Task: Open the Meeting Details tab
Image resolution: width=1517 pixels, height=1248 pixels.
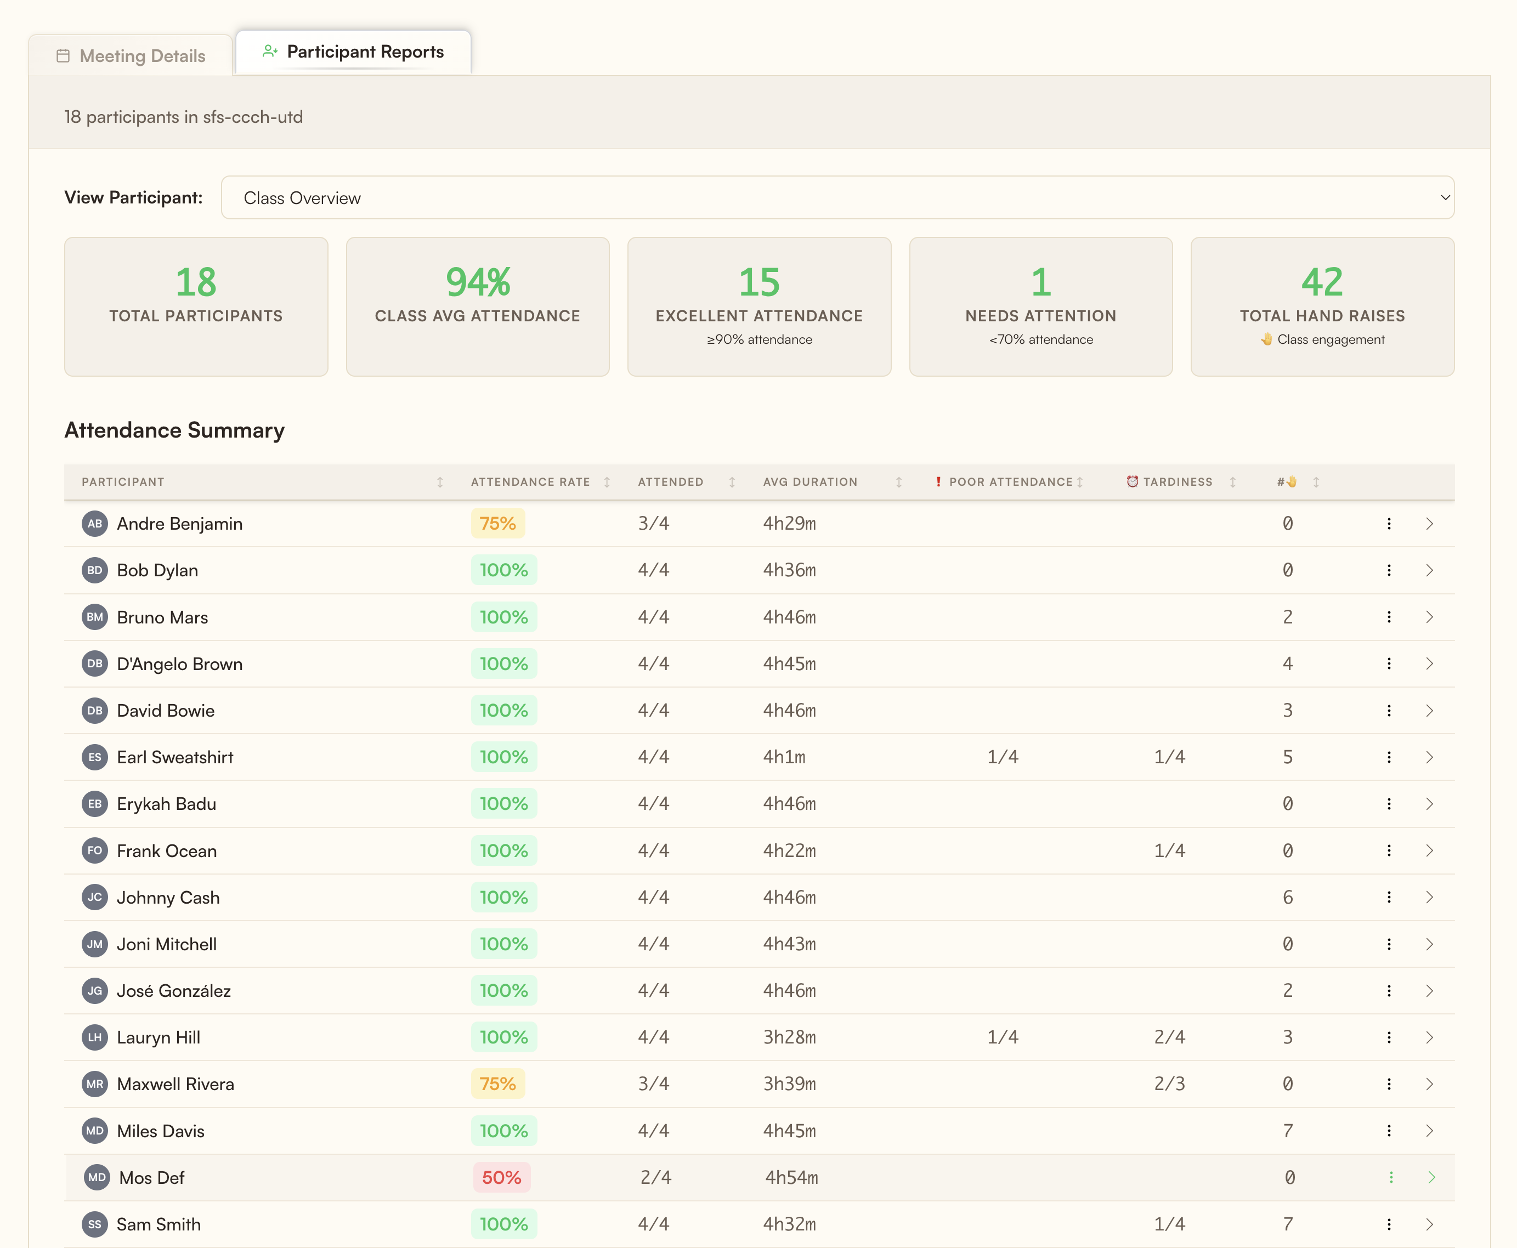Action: (131, 55)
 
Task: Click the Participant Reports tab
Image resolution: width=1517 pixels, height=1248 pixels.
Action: (353, 52)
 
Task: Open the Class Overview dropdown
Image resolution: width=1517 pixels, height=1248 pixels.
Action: (837, 198)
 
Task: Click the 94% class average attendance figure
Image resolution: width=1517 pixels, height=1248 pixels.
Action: (477, 282)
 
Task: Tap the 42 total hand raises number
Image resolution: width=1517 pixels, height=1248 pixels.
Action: (1321, 282)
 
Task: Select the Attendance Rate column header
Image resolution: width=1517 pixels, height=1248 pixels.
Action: (530, 481)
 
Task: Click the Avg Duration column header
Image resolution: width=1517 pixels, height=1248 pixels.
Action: (810, 481)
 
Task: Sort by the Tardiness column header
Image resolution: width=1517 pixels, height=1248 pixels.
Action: (1177, 481)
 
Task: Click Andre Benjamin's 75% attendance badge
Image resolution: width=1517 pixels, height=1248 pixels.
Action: (497, 523)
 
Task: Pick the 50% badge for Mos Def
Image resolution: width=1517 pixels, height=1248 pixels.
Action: (501, 1178)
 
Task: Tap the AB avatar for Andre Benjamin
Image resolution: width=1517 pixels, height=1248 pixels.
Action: (95, 523)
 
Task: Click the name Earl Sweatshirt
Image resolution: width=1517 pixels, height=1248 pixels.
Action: (175, 757)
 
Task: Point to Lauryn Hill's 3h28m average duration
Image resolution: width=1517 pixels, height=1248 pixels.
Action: (789, 1037)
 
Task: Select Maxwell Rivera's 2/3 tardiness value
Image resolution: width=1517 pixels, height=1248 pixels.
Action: (1169, 1084)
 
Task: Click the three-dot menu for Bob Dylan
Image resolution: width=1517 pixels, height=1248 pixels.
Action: (1388, 570)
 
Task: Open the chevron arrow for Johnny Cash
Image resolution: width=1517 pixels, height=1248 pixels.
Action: (1429, 897)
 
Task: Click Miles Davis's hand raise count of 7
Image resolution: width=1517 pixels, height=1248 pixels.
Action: (1288, 1131)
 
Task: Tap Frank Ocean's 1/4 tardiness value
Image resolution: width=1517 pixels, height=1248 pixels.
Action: (1169, 850)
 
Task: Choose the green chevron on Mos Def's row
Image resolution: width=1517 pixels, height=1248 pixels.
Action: (1431, 1178)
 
